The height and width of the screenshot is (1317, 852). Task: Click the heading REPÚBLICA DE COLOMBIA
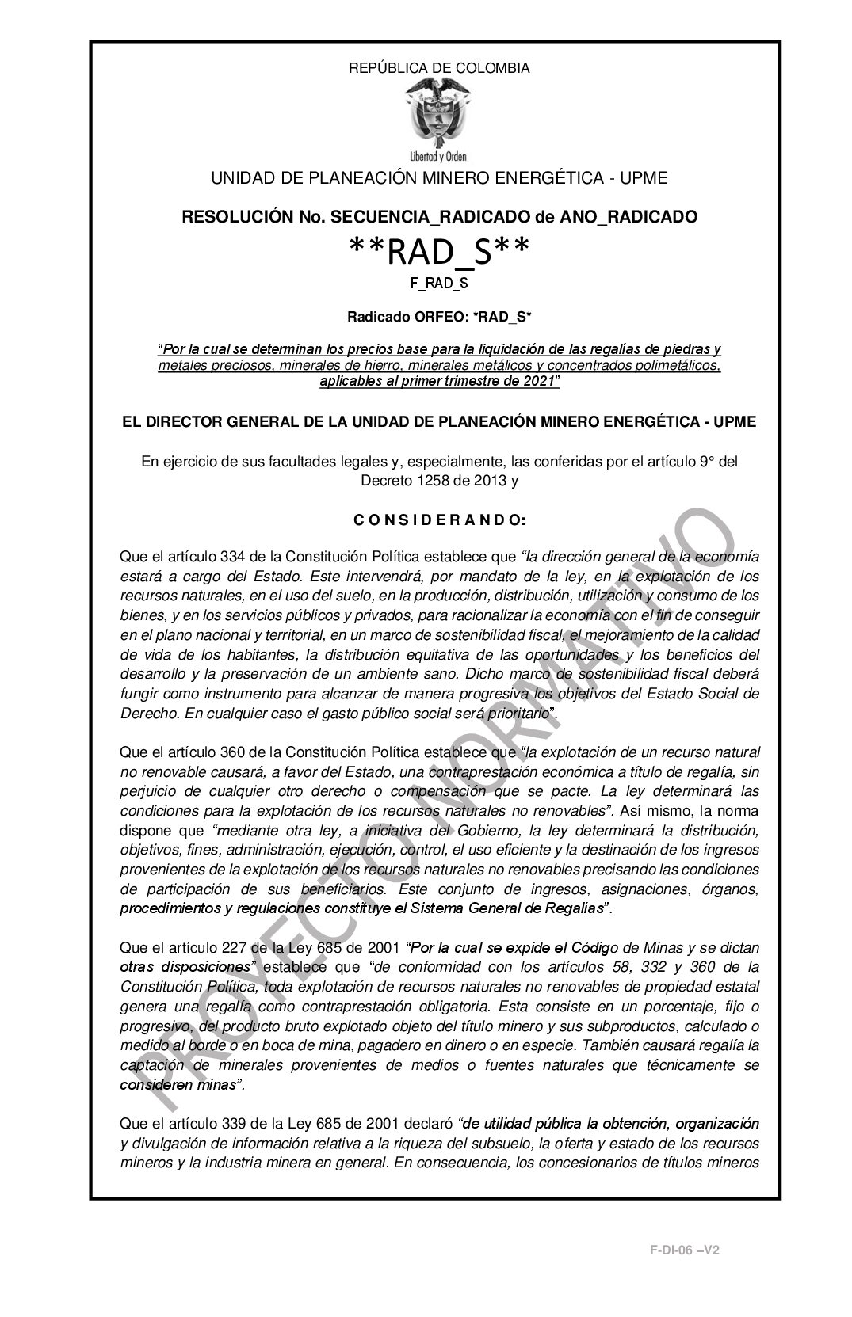439,68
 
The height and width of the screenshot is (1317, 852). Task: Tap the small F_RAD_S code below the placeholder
439,281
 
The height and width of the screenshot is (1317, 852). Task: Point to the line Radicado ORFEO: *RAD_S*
439,318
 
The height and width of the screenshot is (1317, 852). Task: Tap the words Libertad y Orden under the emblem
439,155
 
